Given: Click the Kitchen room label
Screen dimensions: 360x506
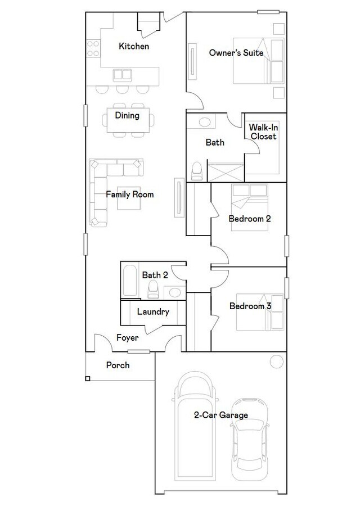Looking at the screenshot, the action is pyautogui.click(x=134, y=46).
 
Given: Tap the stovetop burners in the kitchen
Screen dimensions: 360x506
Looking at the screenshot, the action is pyautogui.click(x=93, y=48).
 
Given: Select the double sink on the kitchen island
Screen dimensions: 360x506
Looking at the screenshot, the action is pyautogui.click(x=123, y=75).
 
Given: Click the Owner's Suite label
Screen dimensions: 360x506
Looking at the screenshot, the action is pyautogui.click(x=236, y=53).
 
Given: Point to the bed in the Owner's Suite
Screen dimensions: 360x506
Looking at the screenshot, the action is pyautogui.click(x=259, y=61).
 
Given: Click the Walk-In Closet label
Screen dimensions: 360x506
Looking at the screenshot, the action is pyautogui.click(x=263, y=132).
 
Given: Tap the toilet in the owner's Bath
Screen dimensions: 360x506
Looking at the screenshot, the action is pyautogui.click(x=197, y=171).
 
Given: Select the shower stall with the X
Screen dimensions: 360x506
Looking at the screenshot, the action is pyautogui.click(x=226, y=173).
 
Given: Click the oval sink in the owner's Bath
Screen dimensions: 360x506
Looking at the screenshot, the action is pyautogui.click(x=204, y=122).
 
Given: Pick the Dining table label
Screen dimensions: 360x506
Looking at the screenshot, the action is pyautogui.click(x=127, y=115).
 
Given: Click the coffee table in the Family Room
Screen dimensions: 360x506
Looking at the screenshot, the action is pyautogui.click(x=129, y=198).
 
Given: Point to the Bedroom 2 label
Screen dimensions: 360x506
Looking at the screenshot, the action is pyautogui.click(x=250, y=219).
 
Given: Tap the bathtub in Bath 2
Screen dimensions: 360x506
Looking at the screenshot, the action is pyautogui.click(x=130, y=281).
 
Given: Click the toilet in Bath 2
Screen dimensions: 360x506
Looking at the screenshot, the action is pyautogui.click(x=152, y=289).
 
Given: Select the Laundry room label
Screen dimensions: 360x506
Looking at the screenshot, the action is pyautogui.click(x=153, y=311).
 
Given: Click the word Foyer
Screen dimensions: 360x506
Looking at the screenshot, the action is pyautogui.click(x=128, y=338).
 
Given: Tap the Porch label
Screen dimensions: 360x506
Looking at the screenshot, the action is pyautogui.click(x=118, y=365).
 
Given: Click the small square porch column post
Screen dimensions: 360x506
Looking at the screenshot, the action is pyautogui.click(x=88, y=378).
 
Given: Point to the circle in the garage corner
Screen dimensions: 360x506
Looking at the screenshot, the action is pyautogui.click(x=277, y=362).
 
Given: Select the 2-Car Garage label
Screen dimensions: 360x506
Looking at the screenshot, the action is pyautogui.click(x=221, y=415).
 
